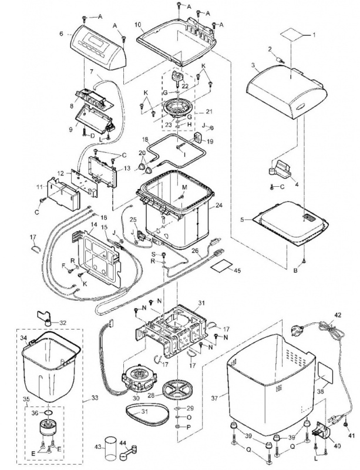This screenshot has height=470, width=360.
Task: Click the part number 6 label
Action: pyautogui.click(x=62, y=34)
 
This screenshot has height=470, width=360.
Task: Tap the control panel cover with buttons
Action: pyautogui.click(x=98, y=46)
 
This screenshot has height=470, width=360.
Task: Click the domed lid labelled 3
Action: pyautogui.click(x=286, y=90)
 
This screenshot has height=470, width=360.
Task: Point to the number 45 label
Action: pyautogui.click(x=237, y=270)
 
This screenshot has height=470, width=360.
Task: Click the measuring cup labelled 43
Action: pyautogui.click(x=110, y=446)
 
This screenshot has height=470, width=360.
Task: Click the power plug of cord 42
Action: pyautogui.click(x=297, y=330)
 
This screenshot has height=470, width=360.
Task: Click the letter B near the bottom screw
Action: pyautogui.click(x=296, y=271)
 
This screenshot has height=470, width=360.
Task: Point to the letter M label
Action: pyautogui.click(x=184, y=187)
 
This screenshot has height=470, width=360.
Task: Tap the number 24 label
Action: pyautogui.click(x=219, y=206)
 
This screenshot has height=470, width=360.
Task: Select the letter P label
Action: pyautogui.click(x=189, y=427)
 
